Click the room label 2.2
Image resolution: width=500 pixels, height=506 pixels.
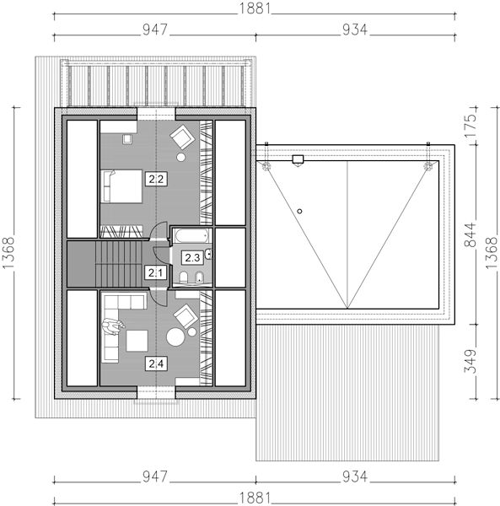(x=156, y=179)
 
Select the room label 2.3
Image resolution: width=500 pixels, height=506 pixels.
(x=192, y=257)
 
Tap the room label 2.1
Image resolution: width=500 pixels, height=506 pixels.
(x=156, y=273)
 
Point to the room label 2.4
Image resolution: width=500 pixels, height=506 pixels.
(x=156, y=363)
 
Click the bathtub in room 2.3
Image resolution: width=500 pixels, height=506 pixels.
(x=191, y=235)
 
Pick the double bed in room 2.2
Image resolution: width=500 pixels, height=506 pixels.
(x=121, y=186)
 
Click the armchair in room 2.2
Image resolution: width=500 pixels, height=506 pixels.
(x=183, y=137)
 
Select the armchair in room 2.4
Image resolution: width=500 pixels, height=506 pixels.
(x=185, y=316)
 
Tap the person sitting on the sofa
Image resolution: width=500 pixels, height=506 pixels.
(x=113, y=326)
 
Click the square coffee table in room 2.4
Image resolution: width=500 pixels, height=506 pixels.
(x=137, y=341)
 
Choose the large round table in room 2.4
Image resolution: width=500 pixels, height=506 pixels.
(x=175, y=336)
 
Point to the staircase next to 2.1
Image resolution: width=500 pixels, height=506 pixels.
(x=119, y=264)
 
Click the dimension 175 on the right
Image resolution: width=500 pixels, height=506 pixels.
(x=470, y=126)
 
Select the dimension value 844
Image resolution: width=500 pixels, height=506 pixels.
(x=470, y=234)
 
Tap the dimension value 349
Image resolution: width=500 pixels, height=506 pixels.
(x=470, y=361)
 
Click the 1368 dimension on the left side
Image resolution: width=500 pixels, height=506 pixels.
(x=8, y=253)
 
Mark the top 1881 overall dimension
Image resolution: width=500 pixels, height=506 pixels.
(x=255, y=8)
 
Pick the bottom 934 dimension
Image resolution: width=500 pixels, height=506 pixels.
(x=355, y=476)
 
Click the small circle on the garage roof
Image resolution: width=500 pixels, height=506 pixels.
(x=299, y=212)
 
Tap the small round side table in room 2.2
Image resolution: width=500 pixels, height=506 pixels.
(x=181, y=157)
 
